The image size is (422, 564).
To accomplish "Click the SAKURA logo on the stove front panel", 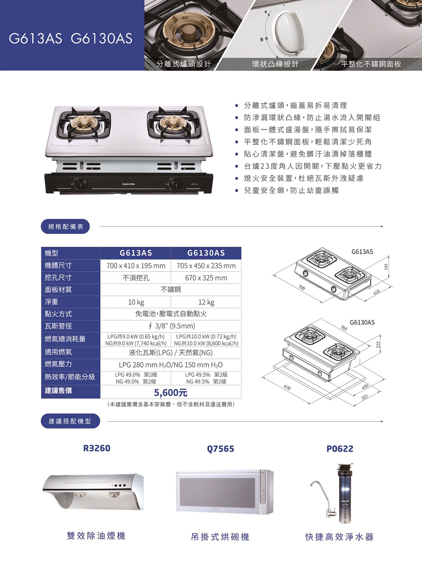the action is [128, 184].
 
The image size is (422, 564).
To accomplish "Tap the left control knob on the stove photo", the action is [80, 184].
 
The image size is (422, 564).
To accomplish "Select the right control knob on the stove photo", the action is [175, 184].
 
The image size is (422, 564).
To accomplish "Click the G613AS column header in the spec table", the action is [136, 253].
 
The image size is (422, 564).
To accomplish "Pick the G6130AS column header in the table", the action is [206, 253].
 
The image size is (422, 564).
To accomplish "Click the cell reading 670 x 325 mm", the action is [206, 278].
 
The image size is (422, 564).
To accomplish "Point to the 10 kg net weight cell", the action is [136, 302].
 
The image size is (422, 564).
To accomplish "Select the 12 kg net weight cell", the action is [206, 302].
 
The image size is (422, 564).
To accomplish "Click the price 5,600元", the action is [170, 393].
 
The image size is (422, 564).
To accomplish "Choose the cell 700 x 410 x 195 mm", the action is [136, 266].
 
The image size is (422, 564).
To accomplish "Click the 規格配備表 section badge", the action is [65, 227].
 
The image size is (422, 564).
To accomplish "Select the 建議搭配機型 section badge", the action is [70, 421].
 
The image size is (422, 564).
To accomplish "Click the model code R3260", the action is [97, 448].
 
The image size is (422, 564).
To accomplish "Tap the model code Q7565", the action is [221, 449].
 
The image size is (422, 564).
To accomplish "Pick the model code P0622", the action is [340, 449].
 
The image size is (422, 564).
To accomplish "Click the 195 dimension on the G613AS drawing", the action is [386, 267].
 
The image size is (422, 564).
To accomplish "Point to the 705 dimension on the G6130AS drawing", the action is [344, 328].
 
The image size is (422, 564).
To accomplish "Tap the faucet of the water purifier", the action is [321, 501].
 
